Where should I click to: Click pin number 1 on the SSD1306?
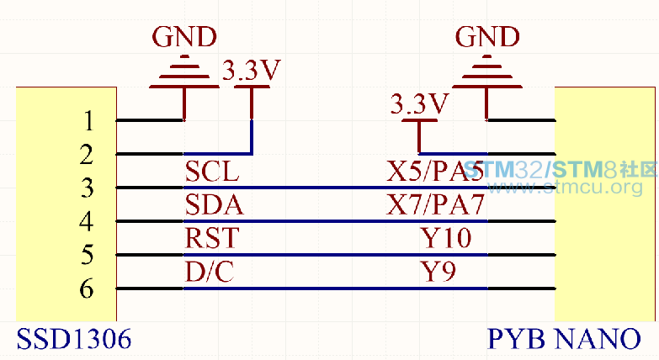tap(88, 121)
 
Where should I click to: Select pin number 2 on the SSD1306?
tap(87, 155)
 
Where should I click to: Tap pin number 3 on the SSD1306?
tap(87, 188)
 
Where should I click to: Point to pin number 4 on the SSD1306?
tap(86, 221)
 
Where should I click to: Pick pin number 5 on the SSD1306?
tap(87, 255)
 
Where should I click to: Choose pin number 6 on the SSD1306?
tap(87, 289)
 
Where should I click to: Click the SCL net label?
tap(212, 172)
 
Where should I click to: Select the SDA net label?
tap(215, 205)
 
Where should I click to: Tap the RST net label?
tap(212, 238)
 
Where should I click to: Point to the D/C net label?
tap(210, 272)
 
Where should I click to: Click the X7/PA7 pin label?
tap(436, 205)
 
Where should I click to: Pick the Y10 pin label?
tap(446, 238)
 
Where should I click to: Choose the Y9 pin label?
tap(438, 272)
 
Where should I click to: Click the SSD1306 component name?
tap(74, 339)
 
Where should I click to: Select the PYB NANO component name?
tap(564, 339)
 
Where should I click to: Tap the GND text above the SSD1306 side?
tap(184, 37)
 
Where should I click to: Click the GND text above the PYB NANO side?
tap(487, 37)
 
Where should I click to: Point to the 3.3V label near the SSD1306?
tap(252, 70)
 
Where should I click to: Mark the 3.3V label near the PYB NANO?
tap(420, 103)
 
